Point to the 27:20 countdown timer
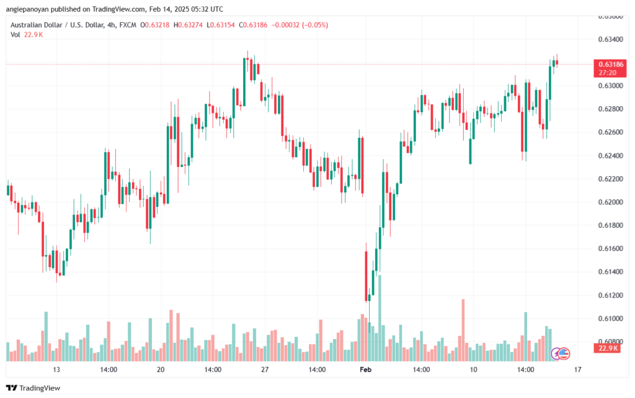(x=606, y=73)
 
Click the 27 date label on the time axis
(x=264, y=369)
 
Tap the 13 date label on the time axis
(x=56, y=369)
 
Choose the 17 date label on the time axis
(x=577, y=369)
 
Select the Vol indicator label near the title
(x=15, y=35)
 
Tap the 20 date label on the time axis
(x=161, y=369)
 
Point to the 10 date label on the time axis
(x=473, y=369)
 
